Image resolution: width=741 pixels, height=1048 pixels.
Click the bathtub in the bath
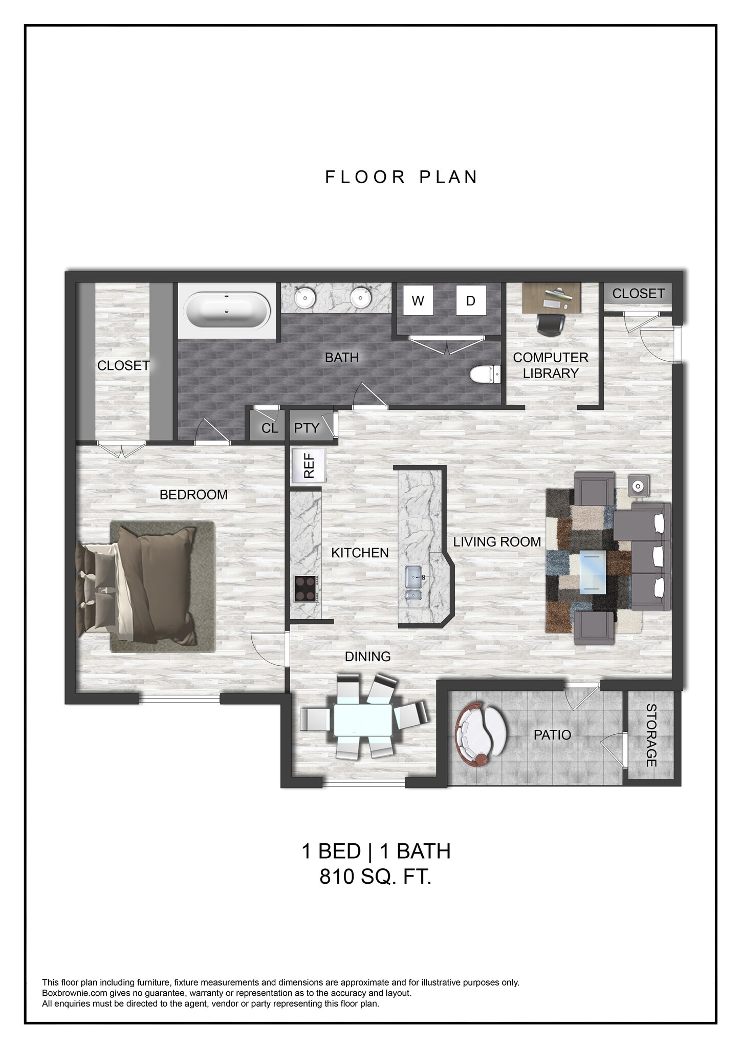tap(227, 311)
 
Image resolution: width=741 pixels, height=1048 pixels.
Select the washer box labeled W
tap(418, 301)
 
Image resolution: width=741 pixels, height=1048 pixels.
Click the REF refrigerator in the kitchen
tap(309, 466)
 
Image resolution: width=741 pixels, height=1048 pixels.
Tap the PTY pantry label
tap(307, 428)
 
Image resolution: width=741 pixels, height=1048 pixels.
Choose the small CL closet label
tap(270, 428)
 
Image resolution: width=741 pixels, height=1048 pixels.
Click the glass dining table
tap(364, 720)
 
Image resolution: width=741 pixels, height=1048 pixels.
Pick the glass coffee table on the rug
tap(593, 572)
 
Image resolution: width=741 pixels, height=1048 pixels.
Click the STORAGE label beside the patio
tap(651, 735)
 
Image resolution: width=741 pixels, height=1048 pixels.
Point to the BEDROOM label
tap(193, 494)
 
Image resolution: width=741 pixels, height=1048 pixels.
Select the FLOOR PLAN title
tap(401, 177)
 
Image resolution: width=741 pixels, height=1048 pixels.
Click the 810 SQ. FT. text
tap(376, 877)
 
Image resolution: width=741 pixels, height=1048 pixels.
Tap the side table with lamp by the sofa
tap(639, 486)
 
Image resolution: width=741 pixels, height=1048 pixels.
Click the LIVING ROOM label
tap(497, 541)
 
